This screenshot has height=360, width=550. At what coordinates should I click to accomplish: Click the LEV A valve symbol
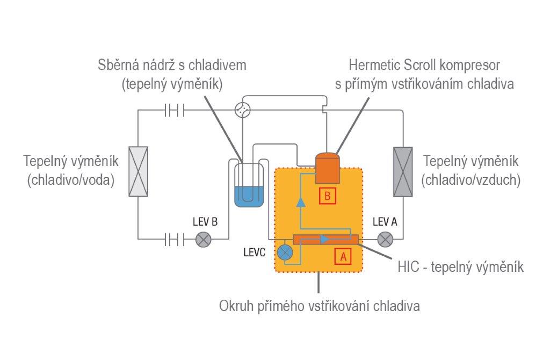[385, 240]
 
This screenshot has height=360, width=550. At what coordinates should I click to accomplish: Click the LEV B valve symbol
[204, 240]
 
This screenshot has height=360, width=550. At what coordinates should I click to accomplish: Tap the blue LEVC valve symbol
[285, 253]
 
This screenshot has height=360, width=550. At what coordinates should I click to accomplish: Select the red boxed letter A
[343, 256]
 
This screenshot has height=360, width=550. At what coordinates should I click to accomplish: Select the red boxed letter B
[327, 196]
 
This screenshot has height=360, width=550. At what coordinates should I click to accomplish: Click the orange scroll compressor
[328, 168]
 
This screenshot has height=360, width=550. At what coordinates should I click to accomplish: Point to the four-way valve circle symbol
[243, 110]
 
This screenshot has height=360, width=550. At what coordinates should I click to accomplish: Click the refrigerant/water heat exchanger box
[138, 171]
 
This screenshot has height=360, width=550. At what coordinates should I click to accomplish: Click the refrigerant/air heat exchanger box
[403, 171]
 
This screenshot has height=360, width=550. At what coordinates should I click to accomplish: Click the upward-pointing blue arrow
[301, 202]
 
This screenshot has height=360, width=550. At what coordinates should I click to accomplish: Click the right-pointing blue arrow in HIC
[325, 239]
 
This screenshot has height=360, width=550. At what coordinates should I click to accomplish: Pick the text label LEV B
[205, 222]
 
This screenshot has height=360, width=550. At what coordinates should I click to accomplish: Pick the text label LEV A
[385, 222]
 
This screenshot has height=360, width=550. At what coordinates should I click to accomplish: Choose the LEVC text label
[254, 253]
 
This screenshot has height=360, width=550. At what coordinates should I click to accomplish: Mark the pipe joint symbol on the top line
[174, 110]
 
